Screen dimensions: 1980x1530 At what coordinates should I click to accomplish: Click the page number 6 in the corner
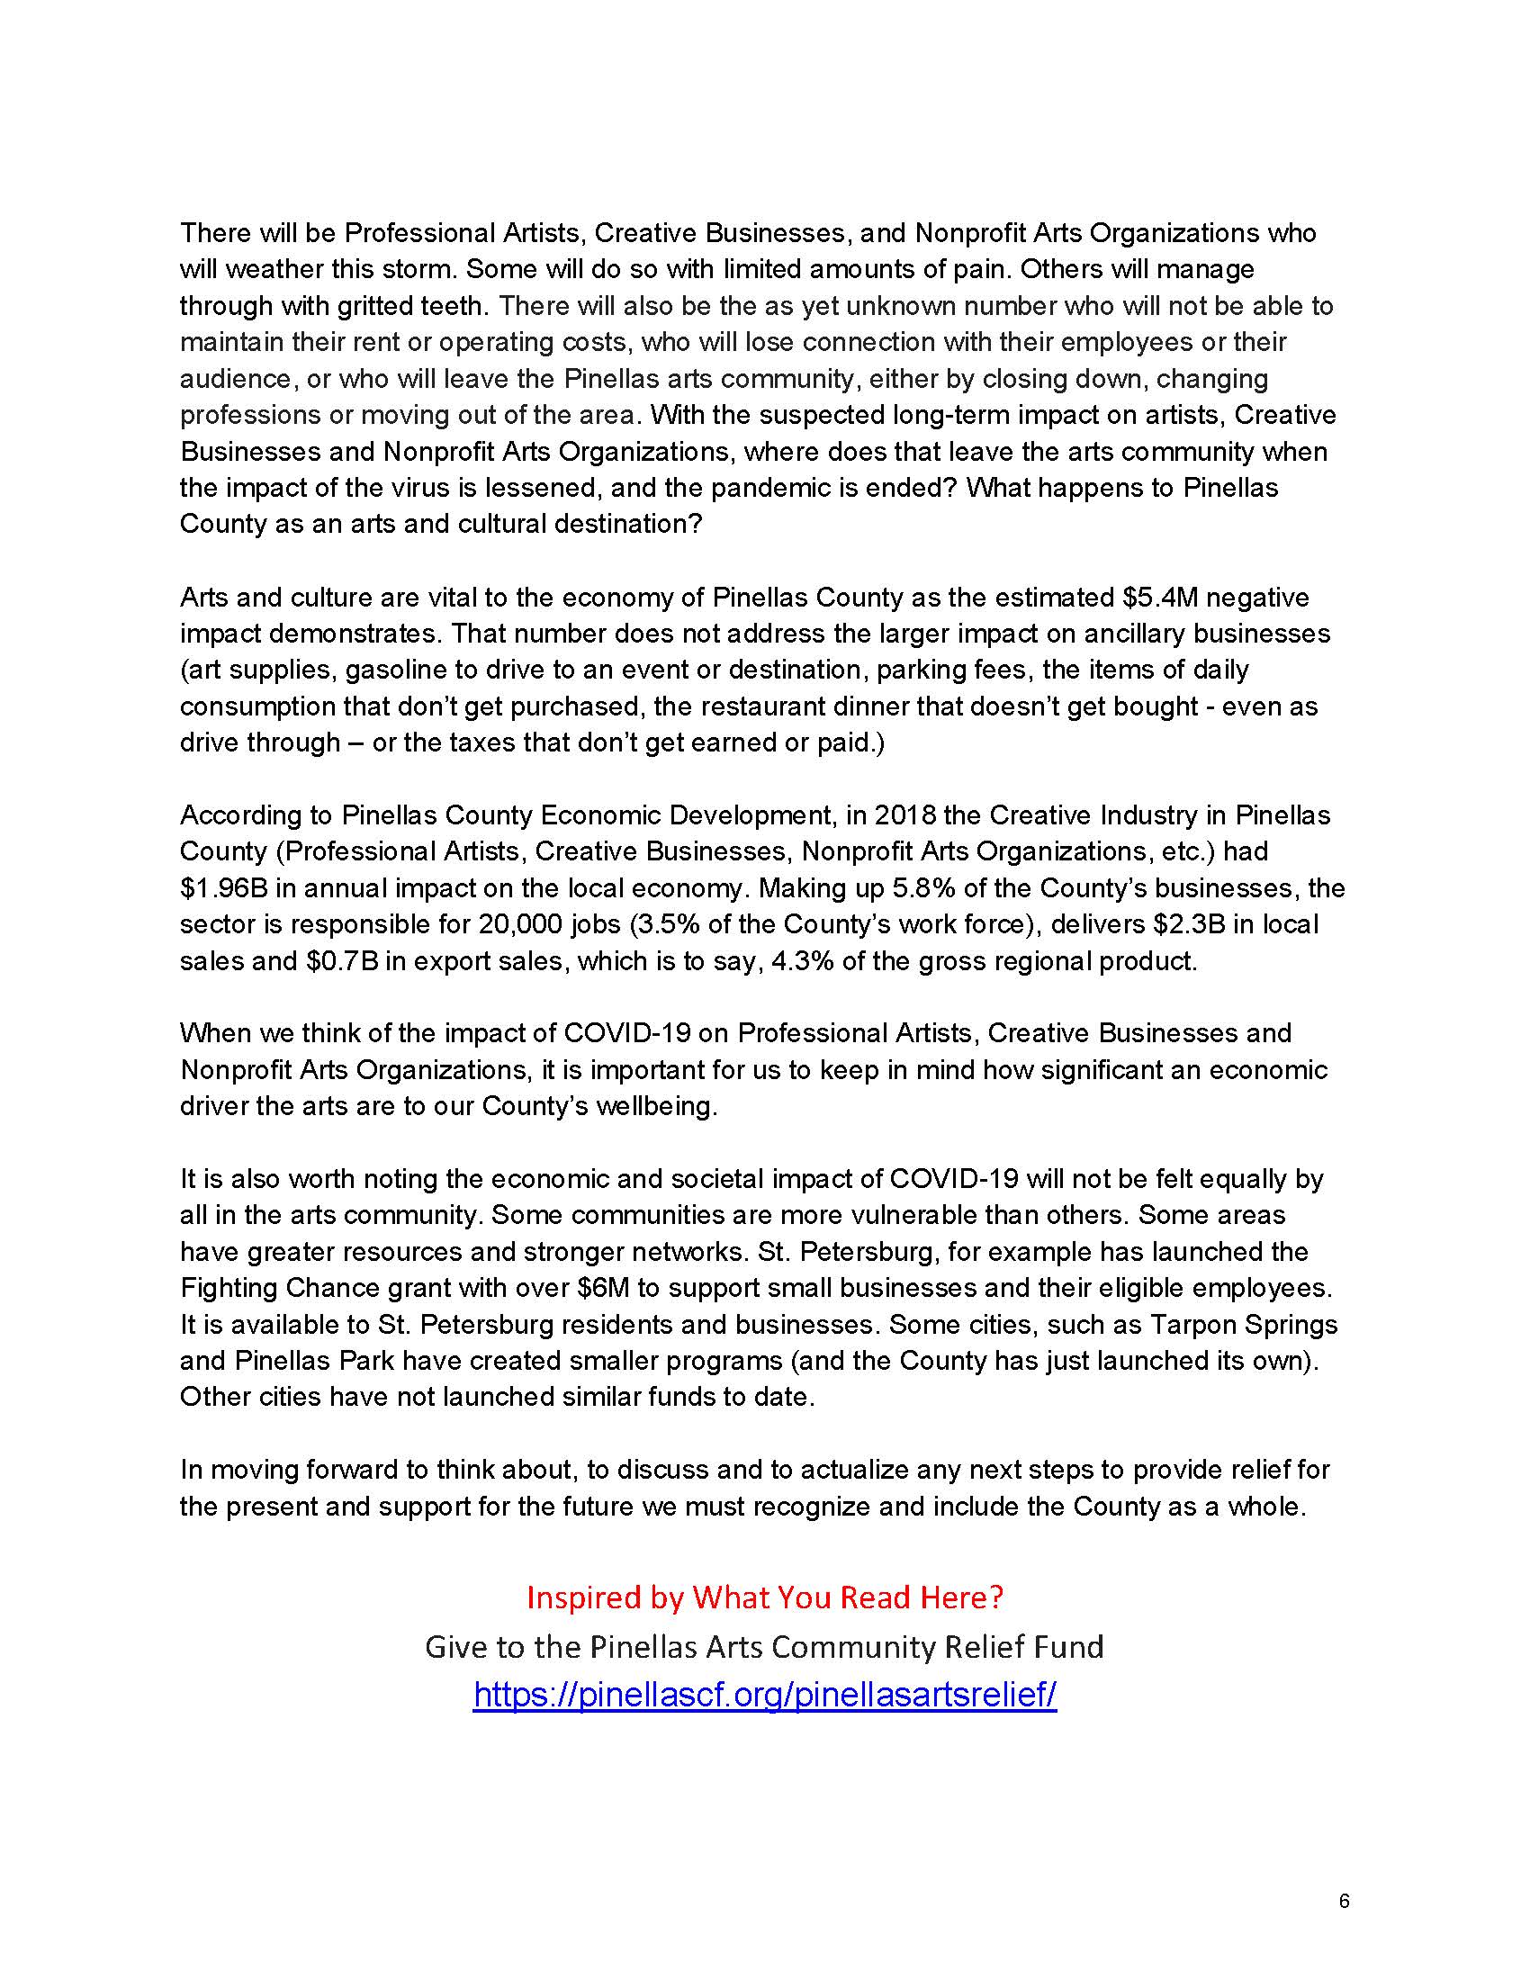pos(1344,1900)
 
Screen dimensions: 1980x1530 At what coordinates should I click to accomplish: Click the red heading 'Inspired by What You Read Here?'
pos(764,1597)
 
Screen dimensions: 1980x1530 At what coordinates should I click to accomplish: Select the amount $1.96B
pos(223,887)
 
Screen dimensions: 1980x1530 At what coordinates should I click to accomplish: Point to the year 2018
pos(903,815)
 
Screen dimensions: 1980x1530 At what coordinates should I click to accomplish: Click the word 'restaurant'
pos(688,706)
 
